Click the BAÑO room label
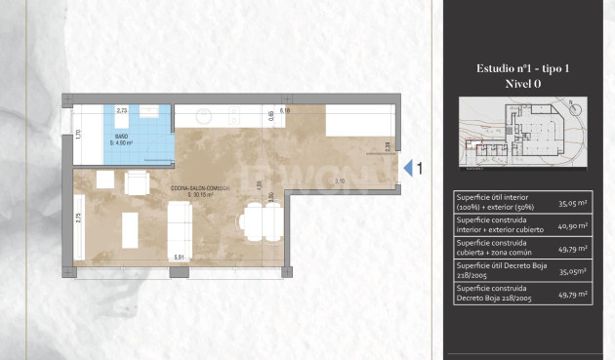[121, 137]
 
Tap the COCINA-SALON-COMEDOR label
[200, 187]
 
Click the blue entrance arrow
[408, 169]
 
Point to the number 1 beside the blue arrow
[421, 169]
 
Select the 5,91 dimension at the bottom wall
[179, 257]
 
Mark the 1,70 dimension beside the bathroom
[79, 135]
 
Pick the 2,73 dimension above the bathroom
[123, 111]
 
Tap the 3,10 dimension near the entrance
[338, 181]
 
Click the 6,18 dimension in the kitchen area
[284, 111]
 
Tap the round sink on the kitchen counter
[204, 116]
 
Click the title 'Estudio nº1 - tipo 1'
[523, 69]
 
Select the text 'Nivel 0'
[523, 84]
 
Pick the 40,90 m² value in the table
[572, 226]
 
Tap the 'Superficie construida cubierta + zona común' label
[491, 247]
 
